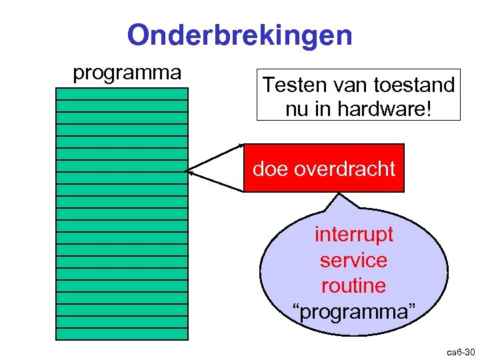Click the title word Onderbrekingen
point(239,35)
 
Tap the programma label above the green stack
point(127,72)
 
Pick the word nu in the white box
point(297,109)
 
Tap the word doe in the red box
point(269,169)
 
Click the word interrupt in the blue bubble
point(353,235)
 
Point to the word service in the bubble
point(353,260)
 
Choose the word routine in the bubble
point(353,285)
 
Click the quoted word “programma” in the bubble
point(353,311)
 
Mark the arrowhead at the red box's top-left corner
point(241,145)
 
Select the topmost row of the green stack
point(122,93)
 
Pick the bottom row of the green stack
point(122,333)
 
